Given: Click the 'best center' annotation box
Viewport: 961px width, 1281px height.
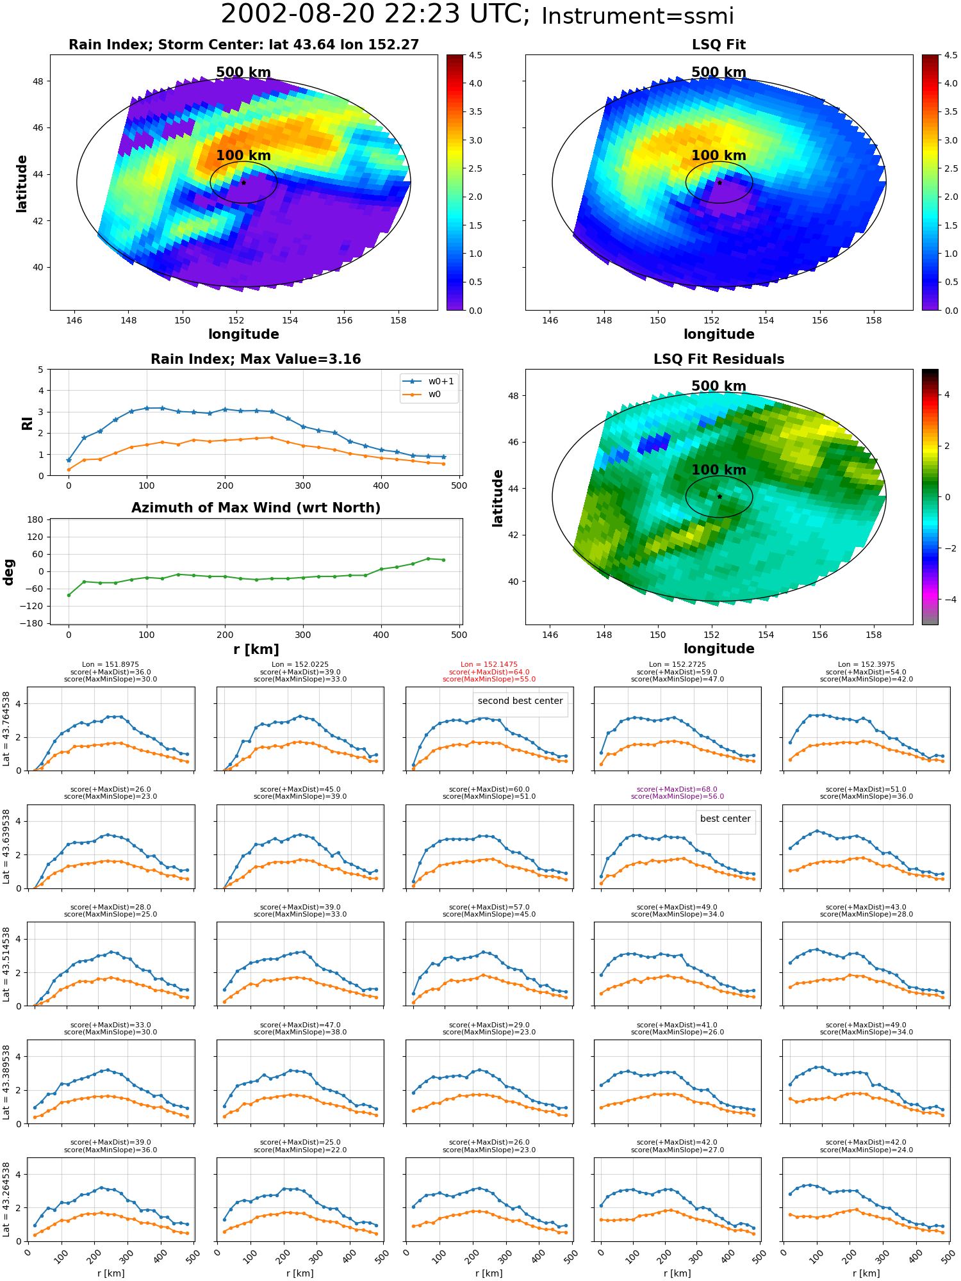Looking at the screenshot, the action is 725,819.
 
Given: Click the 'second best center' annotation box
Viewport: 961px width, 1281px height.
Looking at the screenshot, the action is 520,701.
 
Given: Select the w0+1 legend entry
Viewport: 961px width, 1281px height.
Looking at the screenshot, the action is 429,381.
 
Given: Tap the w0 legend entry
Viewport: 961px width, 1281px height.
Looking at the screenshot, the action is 422,395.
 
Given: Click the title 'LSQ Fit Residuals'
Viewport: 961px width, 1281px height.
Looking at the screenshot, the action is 719,359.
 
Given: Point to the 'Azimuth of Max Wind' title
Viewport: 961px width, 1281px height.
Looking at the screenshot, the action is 256,508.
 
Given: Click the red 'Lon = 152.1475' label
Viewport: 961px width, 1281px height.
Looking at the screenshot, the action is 489,665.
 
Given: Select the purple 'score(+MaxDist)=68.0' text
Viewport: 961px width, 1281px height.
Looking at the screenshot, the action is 677,790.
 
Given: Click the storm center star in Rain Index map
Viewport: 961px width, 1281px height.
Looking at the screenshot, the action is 243,183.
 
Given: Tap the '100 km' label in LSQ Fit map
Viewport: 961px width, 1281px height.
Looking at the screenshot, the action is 719,156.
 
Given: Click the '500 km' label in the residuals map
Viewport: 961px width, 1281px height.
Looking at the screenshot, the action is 719,386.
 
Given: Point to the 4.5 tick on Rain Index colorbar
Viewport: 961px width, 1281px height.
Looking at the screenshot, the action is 475,55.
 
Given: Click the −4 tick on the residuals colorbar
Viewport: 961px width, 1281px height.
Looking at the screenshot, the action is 947,600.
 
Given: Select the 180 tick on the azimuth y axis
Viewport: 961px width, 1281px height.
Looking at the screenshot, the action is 36,519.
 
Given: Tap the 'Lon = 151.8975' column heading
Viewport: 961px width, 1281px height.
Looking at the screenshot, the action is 110,665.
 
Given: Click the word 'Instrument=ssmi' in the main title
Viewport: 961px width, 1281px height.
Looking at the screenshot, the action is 637,16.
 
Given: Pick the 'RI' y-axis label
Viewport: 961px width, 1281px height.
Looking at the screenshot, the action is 27,423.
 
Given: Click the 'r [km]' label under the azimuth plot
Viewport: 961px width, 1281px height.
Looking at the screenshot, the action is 256,649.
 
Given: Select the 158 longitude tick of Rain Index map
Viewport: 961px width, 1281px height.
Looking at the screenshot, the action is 398,320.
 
